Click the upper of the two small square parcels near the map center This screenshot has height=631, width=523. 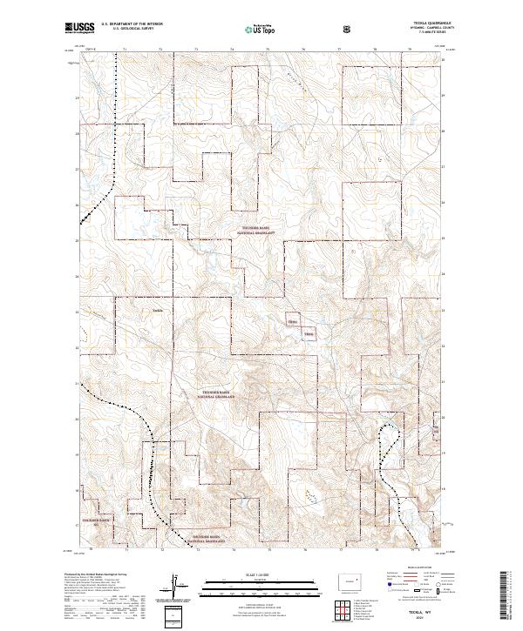point(292,320)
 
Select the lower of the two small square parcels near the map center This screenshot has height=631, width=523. point(308,333)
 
